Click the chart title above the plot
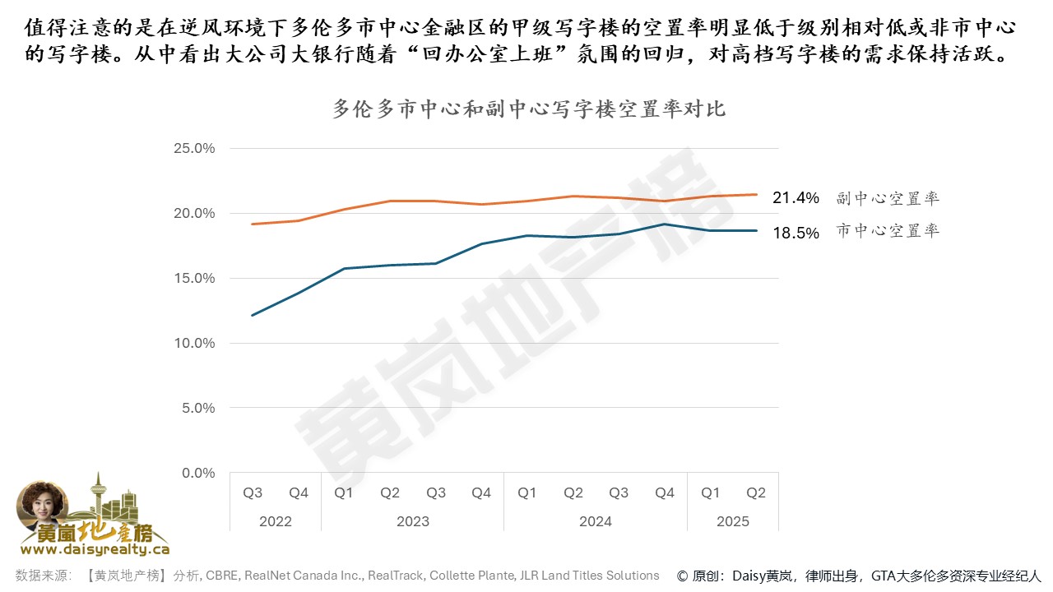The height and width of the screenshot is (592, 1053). (529, 109)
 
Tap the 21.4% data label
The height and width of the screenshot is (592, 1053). (796, 198)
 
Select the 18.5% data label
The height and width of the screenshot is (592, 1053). (796, 233)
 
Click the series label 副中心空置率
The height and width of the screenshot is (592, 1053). (888, 198)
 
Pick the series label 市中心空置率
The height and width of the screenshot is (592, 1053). (888, 232)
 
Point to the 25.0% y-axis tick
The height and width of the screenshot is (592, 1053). (194, 148)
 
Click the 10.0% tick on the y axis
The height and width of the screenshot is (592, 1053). (194, 343)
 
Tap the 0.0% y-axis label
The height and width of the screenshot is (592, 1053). (197, 473)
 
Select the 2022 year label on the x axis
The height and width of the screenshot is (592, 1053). (276, 521)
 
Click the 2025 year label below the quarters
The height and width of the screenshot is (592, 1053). (733, 521)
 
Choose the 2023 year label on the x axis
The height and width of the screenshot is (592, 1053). (412, 521)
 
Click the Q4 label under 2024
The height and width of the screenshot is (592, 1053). (665, 493)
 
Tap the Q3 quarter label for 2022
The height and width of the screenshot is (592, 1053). (253, 493)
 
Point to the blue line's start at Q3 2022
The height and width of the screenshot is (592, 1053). (253, 315)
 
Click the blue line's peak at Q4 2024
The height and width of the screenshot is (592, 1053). (665, 224)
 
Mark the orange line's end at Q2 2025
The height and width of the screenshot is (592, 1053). (756, 194)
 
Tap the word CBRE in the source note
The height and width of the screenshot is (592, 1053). (222, 576)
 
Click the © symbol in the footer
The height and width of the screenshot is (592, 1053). (683, 576)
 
